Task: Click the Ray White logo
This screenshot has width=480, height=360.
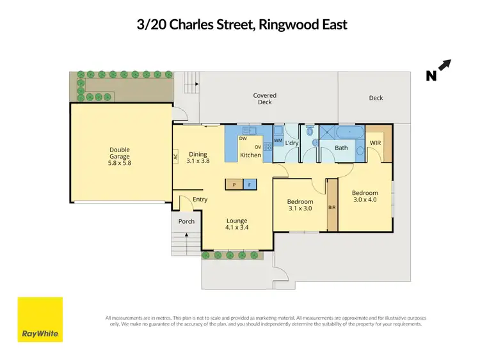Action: pos(40,320)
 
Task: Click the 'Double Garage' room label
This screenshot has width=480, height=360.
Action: pos(120,153)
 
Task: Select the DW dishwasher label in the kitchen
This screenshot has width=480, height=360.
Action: pos(243,139)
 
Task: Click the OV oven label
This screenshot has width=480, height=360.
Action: pos(257,147)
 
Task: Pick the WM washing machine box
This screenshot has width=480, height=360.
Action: pos(278,139)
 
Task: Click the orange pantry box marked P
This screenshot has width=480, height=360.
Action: pos(234,185)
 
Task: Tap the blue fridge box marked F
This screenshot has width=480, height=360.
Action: pos(250,185)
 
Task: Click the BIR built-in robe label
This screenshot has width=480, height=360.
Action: pos(332,208)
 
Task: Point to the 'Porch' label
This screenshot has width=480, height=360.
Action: pos(186,222)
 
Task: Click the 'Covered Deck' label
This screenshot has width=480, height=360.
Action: pos(264,98)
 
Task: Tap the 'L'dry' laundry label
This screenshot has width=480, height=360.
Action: pos(292,143)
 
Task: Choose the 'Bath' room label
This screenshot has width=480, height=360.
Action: pos(342,148)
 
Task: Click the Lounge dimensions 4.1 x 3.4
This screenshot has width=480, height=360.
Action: pos(236,227)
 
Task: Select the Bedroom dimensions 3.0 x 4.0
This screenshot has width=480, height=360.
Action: pos(365,200)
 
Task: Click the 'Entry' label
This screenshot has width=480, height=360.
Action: pos(200,200)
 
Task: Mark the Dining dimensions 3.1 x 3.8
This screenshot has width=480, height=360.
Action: pos(198,162)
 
